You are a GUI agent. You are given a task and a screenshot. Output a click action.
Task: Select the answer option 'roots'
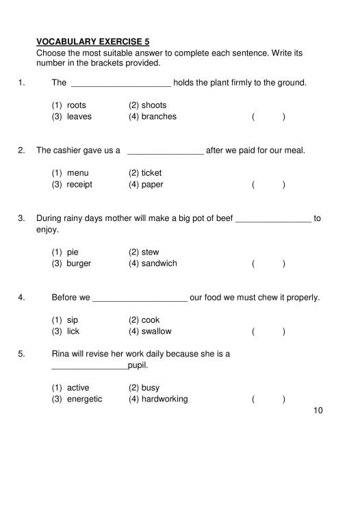[x=76, y=105]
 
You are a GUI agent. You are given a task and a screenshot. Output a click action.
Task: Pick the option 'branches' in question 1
[x=159, y=116]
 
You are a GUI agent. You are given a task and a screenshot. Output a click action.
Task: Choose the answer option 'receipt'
[x=79, y=185]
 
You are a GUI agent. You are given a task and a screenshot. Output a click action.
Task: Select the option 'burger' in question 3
[x=79, y=263]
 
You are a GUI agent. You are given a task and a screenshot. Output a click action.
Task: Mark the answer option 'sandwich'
[x=159, y=263]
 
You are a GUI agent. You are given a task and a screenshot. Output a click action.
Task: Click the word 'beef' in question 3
[x=224, y=219]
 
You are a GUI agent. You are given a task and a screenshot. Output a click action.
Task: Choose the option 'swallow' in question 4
[x=157, y=331]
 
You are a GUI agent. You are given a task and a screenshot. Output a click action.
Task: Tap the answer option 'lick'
[x=73, y=331]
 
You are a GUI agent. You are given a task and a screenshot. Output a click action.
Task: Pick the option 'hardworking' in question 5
[x=164, y=399]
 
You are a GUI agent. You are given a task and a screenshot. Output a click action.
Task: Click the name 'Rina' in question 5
[x=61, y=354]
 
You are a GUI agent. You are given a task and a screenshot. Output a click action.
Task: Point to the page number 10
[x=317, y=410]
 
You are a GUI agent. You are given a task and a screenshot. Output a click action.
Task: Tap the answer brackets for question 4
[x=268, y=332]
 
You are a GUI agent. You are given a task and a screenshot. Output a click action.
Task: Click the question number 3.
[x=21, y=219]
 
